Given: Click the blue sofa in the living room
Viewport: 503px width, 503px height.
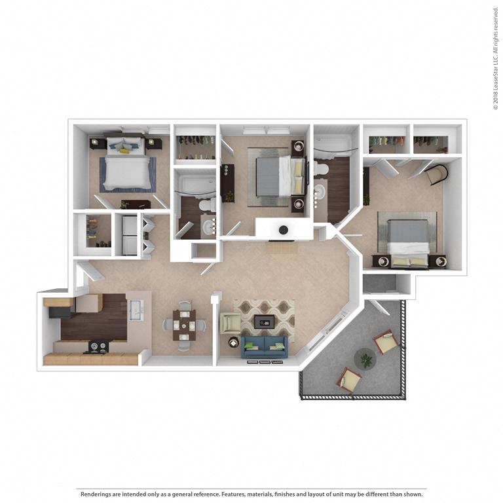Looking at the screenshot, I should tap(265, 345).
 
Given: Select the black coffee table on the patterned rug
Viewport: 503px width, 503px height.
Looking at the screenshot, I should tap(265, 320).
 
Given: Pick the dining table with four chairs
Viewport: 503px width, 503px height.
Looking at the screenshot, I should tap(184, 324).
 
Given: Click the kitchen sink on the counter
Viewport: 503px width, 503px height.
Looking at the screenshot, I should tap(136, 310).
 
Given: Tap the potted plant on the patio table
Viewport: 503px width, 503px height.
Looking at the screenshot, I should tap(365, 359).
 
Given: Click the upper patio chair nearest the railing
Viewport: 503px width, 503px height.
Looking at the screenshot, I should tap(385, 341).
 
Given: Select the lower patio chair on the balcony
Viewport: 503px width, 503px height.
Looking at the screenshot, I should tap(348, 379).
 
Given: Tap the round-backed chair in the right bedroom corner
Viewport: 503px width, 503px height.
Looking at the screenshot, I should tap(436, 175).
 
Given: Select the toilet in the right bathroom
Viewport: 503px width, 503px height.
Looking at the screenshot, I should tap(321, 169).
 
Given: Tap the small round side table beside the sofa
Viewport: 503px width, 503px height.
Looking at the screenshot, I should tap(233, 341).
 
